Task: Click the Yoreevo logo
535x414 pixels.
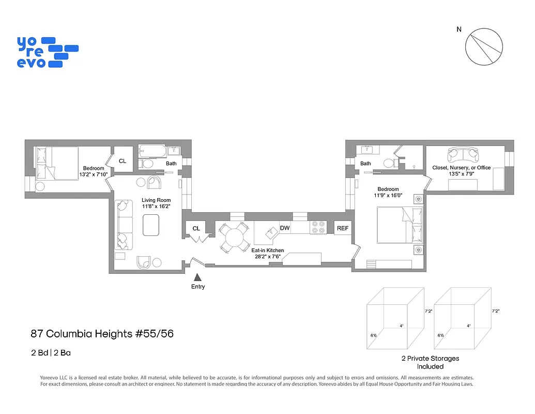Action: point(47,52)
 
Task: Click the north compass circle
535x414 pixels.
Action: point(484,47)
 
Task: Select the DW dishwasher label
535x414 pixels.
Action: point(285,228)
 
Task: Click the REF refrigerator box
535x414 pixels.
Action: point(342,228)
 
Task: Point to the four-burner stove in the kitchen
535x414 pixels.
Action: point(317,228)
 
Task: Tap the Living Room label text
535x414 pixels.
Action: point(156,200)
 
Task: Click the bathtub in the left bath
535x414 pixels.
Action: point(152,152)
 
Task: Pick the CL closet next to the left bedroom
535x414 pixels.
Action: point(123,161)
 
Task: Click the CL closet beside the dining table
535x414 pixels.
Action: point(196,228)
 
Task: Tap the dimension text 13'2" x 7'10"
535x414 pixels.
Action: point(94,174)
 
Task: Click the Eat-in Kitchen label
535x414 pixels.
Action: point(267,250)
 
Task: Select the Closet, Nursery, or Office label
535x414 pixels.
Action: point(462,168)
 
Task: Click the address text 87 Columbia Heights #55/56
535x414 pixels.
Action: point(102,334)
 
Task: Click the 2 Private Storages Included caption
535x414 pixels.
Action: point(430,362)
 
